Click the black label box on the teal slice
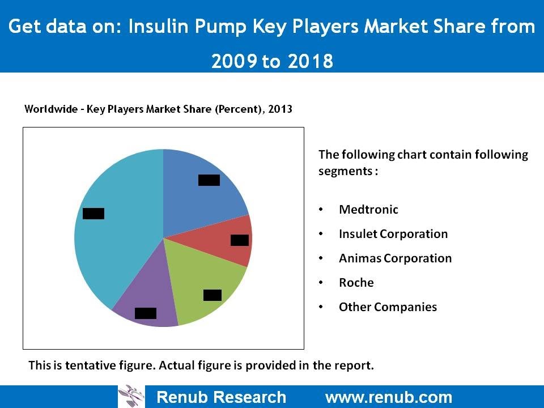coord(93,214)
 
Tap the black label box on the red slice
coord(240,240)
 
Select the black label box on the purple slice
coord(146,313)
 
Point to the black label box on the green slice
coord(212,295)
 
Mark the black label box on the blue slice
coord(209,180)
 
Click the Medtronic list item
coord(368,210)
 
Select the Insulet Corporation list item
coord(393,234)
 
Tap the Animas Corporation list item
coord(395,258)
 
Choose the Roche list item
coord(356,283)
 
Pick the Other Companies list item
coord(388,307)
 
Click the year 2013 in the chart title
coord(280,109)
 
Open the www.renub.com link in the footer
coord(388,397)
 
